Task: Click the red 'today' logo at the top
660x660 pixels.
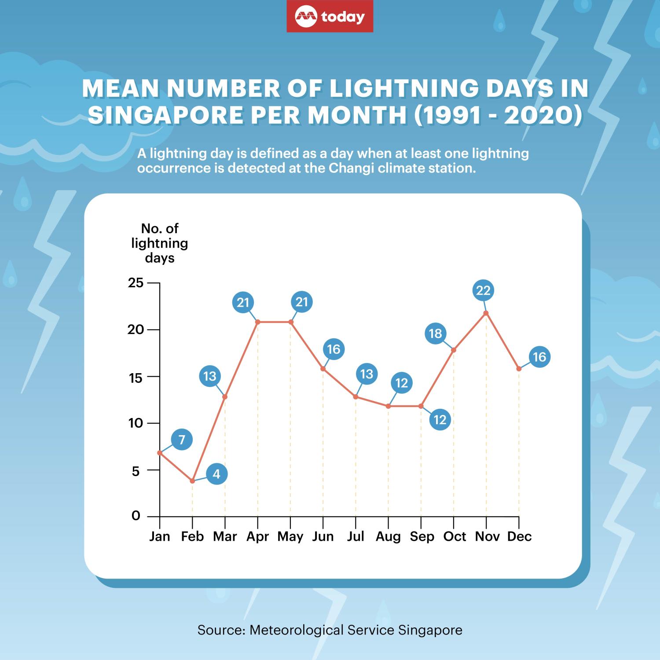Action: click(x=330, y=17)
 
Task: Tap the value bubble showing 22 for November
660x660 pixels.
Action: click(x=483, y=290)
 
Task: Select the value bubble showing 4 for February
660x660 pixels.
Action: click(x=216, y=474)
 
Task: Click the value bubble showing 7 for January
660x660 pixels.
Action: click(x=182, y=440)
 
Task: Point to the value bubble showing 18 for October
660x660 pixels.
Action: click(x=435, y=334)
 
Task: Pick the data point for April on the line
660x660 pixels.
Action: click(x=257, y=322)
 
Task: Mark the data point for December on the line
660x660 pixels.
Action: click(x=519, y=369)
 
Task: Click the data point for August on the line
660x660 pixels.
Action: click(x=388, y=406)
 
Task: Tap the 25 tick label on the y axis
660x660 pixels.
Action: click(x=136, y=283)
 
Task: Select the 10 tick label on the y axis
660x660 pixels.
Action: click(x=136, y=423)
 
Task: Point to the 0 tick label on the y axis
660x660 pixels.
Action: click(x=136, y=516)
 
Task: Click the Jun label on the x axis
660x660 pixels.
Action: click(x=323, y=537)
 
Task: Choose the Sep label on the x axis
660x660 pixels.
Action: click(x=422, y=537)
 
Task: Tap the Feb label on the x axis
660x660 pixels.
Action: click(x=192, y=537)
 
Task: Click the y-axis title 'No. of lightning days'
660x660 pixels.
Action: click(x=160, y=243)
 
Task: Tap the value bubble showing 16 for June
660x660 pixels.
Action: click(x=334, y=349)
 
